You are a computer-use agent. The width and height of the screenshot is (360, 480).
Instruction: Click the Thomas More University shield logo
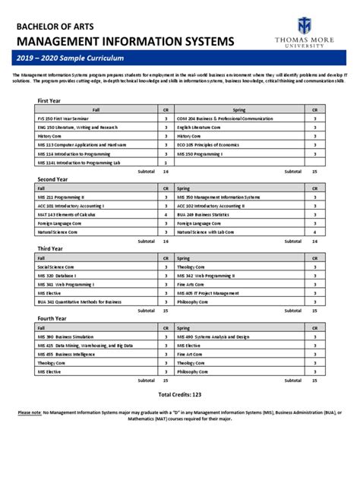(x=305, y=25)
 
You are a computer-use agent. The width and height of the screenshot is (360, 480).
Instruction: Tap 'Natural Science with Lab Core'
(x=211, y=232)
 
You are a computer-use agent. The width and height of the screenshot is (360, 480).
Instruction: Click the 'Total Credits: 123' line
(x=179, y=395)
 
